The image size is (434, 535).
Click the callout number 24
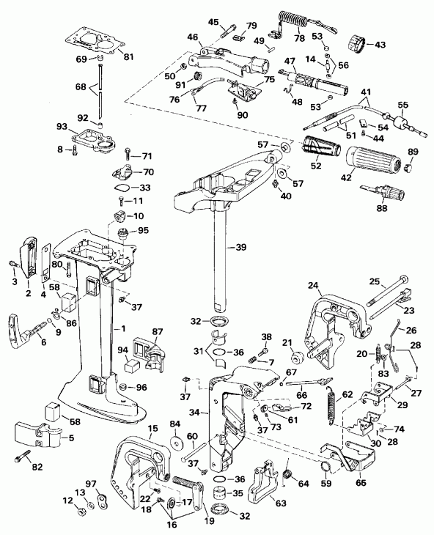pyautogui.click(x=314, y=285)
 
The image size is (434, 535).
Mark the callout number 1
pyautogui.click(x=124, y=331)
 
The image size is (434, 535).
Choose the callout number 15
pyautogui.click(x=152, y=429)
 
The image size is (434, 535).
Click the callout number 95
pyautogui.click(x=143, y=230)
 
